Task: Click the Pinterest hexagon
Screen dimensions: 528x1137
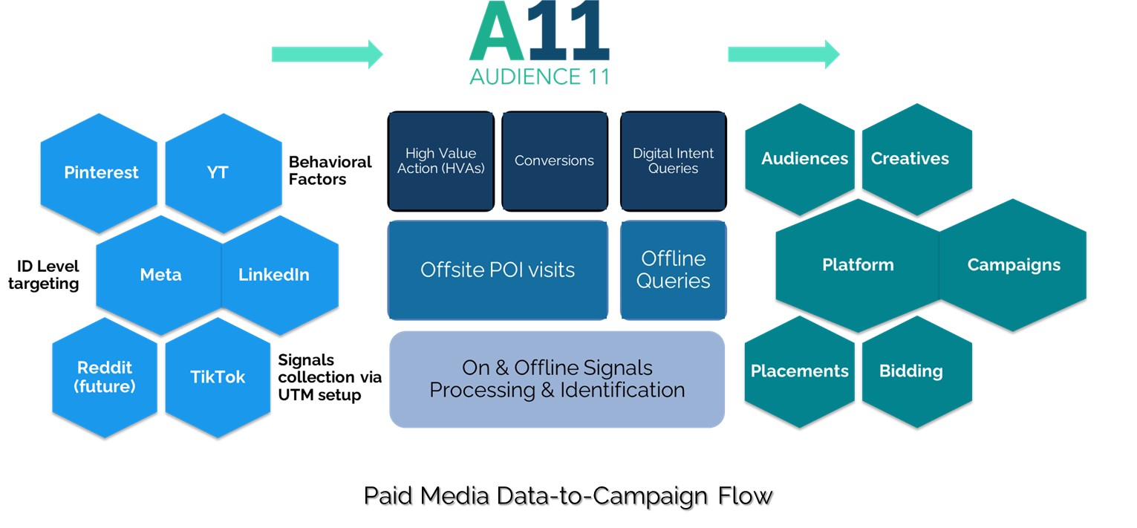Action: click(x=101, y=172)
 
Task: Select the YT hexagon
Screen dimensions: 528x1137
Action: click(x=218, y=172)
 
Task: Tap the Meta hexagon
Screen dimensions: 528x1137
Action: click(x=160, y=275)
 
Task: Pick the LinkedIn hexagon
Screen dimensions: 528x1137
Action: click(x=274, y=275)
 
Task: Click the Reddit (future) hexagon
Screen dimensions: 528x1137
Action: click(x=105, y=377)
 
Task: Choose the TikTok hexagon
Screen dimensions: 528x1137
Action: click(x=218, y=377)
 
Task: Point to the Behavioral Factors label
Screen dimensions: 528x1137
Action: click(x=330, y=170)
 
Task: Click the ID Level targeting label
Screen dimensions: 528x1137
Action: click(x=48, y=275)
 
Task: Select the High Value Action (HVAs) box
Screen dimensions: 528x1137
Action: click(x=440, y=161)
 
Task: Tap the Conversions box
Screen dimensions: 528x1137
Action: click(x=554, y=161)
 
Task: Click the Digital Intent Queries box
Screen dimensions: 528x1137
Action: click(x=673, y=161)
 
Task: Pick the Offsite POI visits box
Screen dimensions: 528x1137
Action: click(x=498, y=270)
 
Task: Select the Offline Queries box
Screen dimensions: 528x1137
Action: click(x=673, y=270)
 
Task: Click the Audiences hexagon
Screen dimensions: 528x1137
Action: click(x=804, y=159)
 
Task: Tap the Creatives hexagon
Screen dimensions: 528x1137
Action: click(x=910, y=159)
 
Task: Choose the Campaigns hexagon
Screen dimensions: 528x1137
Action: click(x=1014, y=265)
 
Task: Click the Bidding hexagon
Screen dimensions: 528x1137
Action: click(x=910, y=371)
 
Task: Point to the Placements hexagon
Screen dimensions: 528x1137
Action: click(x=799, y=371)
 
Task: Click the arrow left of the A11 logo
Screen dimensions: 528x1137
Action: click(x=327, y=54)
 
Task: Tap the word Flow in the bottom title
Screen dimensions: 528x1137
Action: click(x=745, y=495)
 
